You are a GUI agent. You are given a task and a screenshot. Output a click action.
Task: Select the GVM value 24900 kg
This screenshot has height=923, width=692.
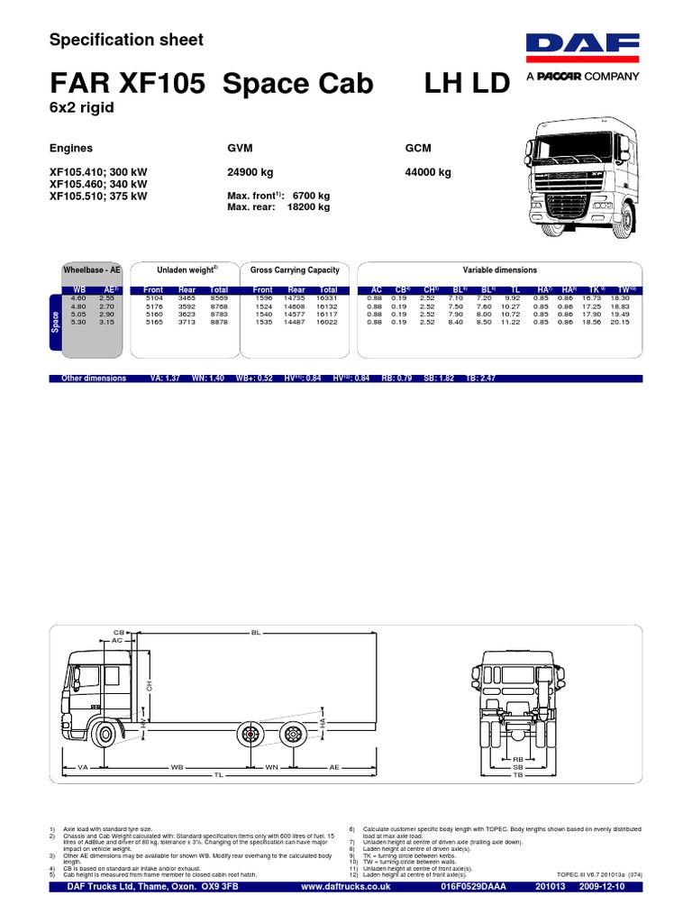(x=255, y=171)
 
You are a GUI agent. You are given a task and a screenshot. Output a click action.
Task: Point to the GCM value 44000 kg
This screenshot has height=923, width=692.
(x=429, y=171)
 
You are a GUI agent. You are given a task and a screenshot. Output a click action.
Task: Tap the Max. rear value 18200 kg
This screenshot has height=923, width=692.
(x=308, y=206)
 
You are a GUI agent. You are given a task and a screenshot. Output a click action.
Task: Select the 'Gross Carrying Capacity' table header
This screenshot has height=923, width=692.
(x=295, y=270)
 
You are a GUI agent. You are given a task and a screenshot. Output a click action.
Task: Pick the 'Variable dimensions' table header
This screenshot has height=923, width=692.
(x=499, y=270)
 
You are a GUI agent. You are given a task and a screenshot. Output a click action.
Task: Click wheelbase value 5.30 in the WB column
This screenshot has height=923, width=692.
(x=78, y=321)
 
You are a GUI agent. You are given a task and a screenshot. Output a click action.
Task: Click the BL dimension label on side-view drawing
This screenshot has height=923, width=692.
(x=255, y=634)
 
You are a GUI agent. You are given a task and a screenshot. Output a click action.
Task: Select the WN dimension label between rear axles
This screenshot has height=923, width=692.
(x=271, y=767)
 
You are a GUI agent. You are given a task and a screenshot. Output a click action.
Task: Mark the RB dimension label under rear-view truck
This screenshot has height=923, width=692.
(x=518, y=760)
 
